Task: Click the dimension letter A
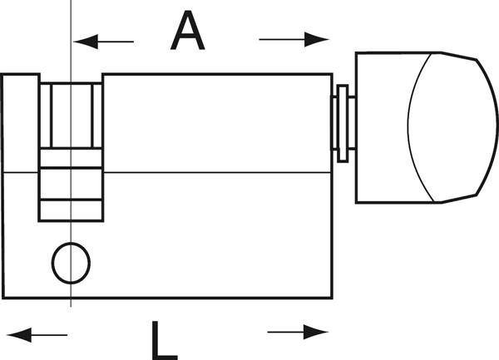(188, 32)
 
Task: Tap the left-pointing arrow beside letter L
(42, 335)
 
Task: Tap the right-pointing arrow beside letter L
(298, 333)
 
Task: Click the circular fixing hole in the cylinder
(72, 264)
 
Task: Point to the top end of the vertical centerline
(72, 2)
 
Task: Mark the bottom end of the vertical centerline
(72, 306)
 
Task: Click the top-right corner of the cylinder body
(332, 75)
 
